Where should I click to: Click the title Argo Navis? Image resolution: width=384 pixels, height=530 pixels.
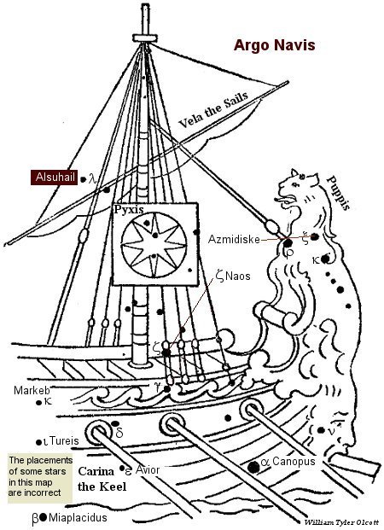click(x=274, y=45)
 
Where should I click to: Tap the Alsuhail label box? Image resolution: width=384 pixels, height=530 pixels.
click(x=54, y=178)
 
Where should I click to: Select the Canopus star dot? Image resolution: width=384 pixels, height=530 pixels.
click(x=253, y=467)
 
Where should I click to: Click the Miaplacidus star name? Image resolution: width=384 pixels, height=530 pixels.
click(x=78, y=517)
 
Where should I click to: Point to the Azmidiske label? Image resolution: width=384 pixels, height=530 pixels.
click(x=234, y=239)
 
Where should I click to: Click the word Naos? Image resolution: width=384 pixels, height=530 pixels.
click(x=238, y=277)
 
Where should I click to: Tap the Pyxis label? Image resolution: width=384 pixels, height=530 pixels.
click(x=129, y=209)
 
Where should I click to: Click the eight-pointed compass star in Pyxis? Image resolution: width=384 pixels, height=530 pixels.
click(x=154, y=243)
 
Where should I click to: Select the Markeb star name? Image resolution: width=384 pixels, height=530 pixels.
click(x=32, y=390)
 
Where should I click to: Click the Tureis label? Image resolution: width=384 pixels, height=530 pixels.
click(x=64, y=440)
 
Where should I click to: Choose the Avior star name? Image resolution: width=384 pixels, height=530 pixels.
click(x=148, y=469)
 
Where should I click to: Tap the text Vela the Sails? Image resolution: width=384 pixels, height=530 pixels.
click(x=213, y=110)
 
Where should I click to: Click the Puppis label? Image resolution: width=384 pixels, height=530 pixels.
click(x=339, y=193)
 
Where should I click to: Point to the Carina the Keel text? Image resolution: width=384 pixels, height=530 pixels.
click(x=102, y=479)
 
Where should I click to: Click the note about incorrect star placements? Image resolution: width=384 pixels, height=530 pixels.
click(x=40, y=476)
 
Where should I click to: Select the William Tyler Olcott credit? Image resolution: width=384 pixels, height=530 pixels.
click(x=341, y=522)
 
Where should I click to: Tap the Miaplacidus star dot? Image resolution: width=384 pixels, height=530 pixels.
click(x=43, y=517)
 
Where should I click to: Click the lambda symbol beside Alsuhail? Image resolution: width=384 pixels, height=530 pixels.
click(x=92, y=178)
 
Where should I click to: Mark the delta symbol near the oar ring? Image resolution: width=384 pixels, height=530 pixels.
click(x=119, y=433)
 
